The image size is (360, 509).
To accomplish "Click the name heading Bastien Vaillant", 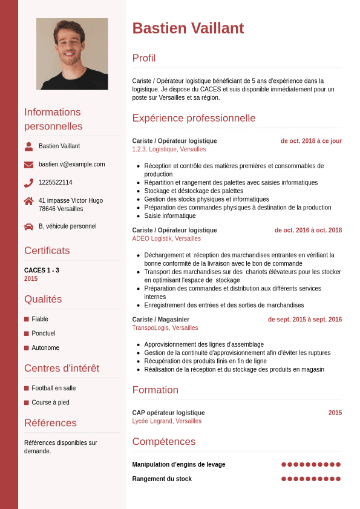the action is tap(188, 28).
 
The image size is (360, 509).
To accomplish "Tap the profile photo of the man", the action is tap(72, 54).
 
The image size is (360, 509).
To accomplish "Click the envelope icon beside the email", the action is tap(28, 165).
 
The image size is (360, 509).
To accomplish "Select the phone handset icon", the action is tap(28, 183).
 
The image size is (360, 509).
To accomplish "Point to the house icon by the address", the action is tap(28, 201).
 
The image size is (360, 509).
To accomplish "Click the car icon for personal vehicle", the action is tap(28, 226).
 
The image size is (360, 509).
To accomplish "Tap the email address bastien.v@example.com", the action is tap(71, 165).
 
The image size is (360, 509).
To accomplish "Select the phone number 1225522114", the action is tap(55, 183).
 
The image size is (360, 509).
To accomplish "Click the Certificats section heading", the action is tap(47, 251).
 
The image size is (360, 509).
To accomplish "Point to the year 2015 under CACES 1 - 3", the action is tap(31, 279).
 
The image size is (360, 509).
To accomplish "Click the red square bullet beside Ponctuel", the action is tap(27, 333).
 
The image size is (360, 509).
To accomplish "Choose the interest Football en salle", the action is tap(54, 389).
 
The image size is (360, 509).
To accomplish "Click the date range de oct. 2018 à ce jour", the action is tap(311, 141).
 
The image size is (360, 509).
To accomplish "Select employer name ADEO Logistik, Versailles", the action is tap(166, 239).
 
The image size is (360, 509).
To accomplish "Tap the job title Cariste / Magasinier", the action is tap(160, 320).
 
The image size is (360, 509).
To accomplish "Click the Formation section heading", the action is tap(155, 390).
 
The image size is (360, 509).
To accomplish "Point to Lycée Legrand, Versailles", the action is tap(166, 421).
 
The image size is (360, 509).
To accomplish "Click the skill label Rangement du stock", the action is tap(162, 479).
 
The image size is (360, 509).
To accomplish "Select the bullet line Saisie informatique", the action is tap(169, 216).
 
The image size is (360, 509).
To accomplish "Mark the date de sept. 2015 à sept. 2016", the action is tap(305, 320).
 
